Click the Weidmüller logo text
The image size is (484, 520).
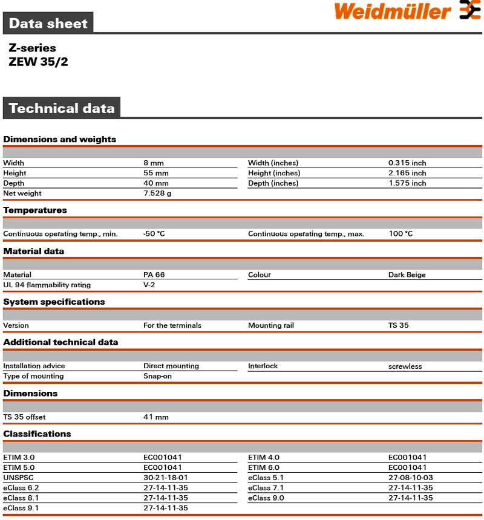tap(392, 11)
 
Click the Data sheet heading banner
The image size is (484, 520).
tap(48, 24)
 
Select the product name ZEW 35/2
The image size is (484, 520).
tap(38, 62)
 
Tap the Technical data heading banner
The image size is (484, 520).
tap(62, 108)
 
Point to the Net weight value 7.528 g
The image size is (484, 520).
tap(157, 193)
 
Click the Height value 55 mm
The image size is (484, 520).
tap(156, 173)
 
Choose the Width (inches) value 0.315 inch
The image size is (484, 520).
tap(407, 163)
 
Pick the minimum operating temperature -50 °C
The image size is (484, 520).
tap(154, 233)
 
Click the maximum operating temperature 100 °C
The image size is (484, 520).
tap(401, 233)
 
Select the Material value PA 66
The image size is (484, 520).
tap(154, 275)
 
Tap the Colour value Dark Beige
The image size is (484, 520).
tap(407, 275)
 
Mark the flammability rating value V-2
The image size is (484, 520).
tap(149, 285)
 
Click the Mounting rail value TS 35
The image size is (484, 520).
tap(398, 325)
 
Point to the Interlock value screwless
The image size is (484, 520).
tap(405, 366)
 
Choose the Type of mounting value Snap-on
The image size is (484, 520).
tap(158, 376)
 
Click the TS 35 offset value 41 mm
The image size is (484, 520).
tap(156, 417)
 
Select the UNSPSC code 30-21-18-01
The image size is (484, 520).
tap(166, 478)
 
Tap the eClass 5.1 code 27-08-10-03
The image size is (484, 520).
tap(411, 478)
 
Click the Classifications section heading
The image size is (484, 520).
tap(37, 434)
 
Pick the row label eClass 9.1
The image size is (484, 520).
tap(21, 508)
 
